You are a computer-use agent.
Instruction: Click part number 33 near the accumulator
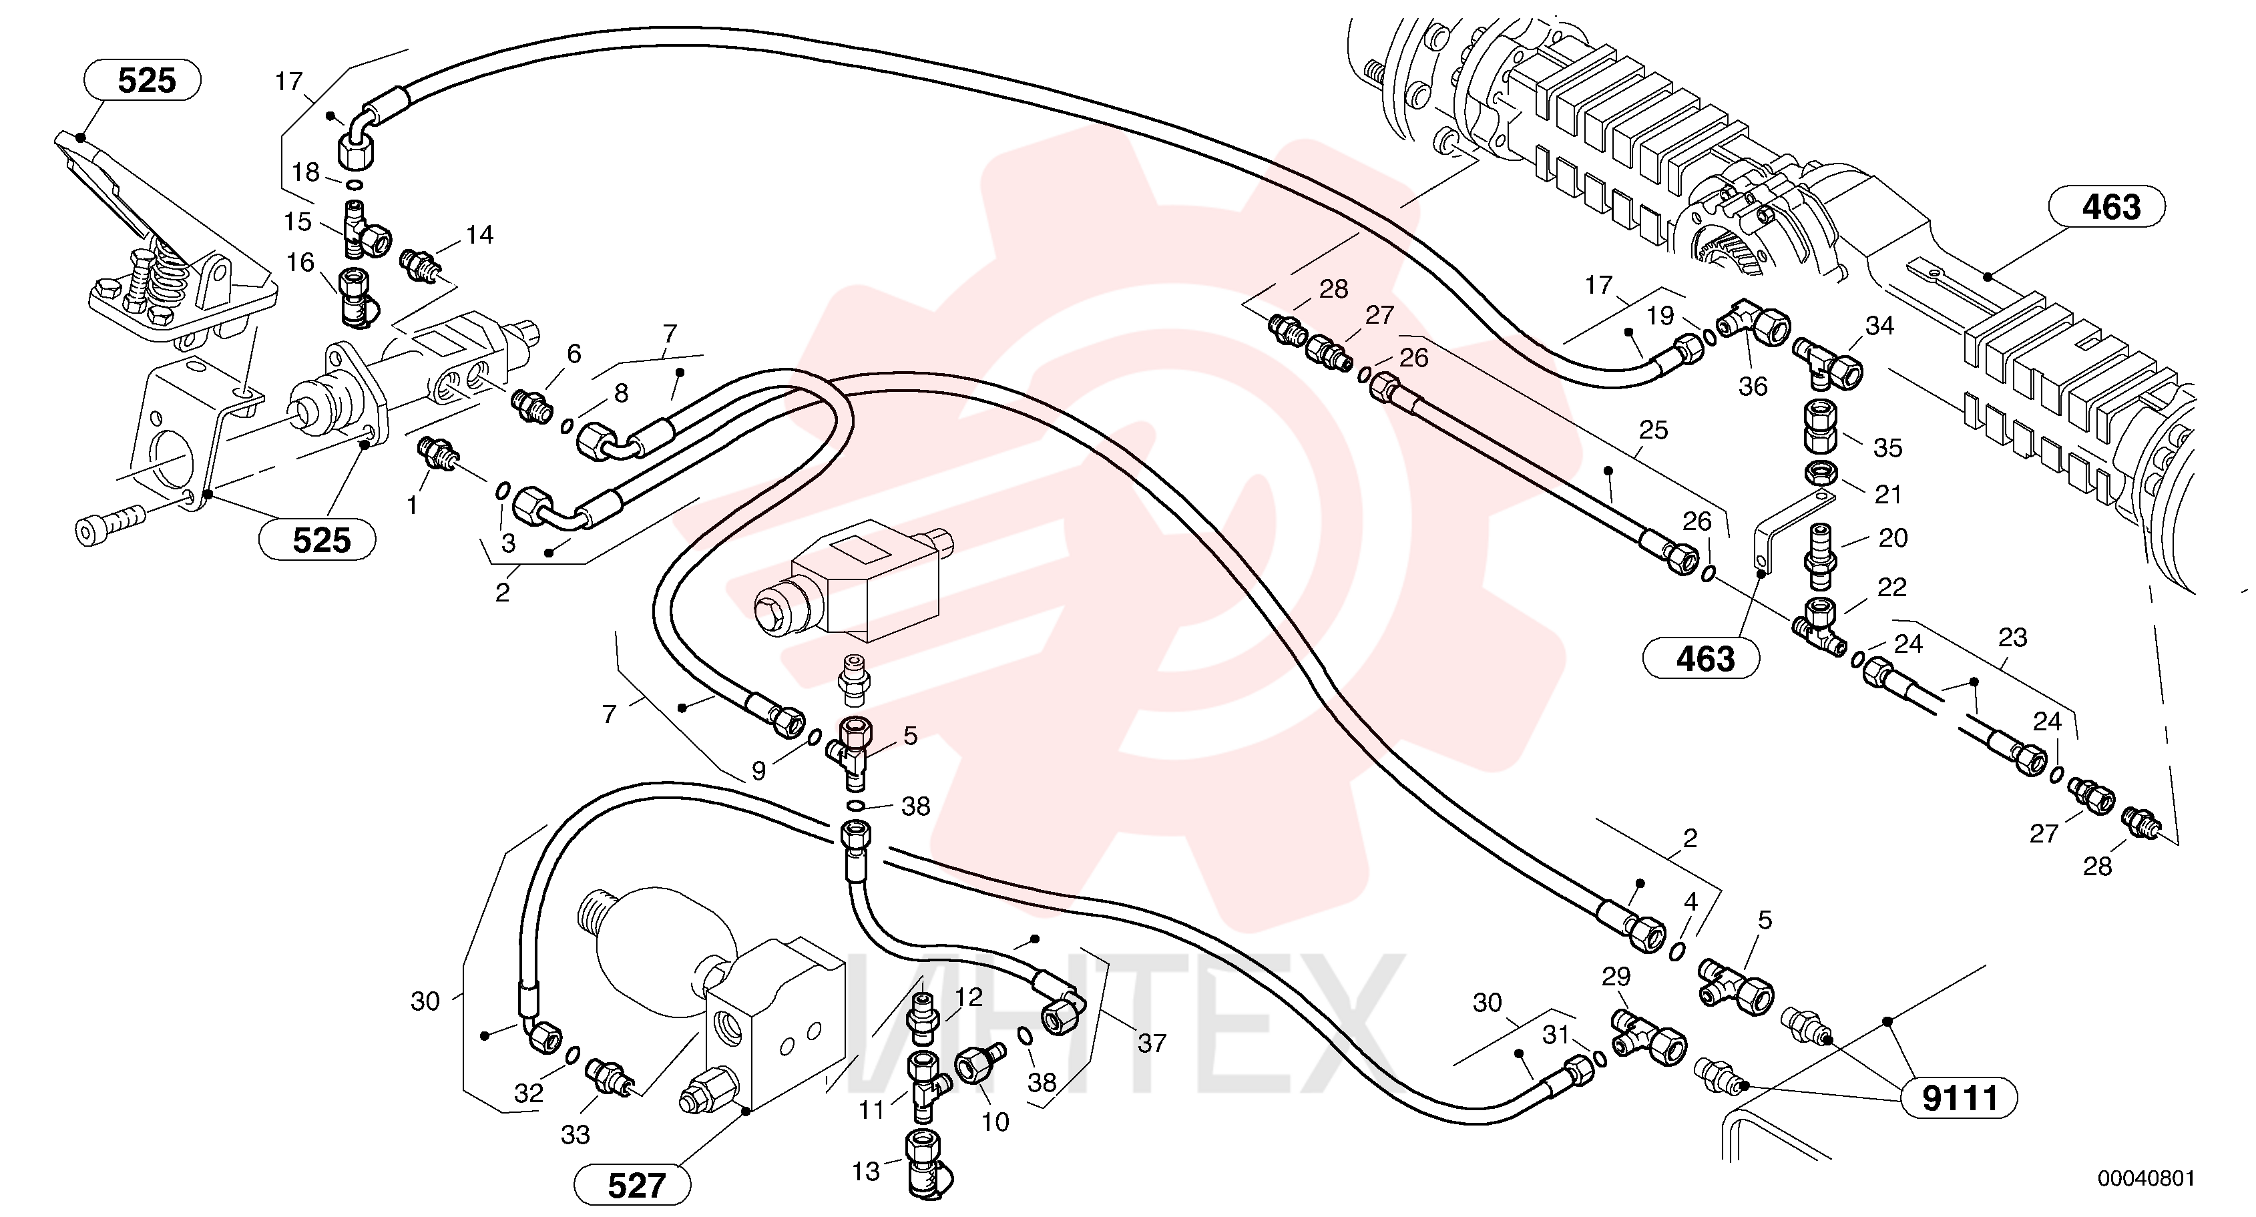click(576, 1135)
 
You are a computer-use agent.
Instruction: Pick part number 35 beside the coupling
click(1887, 447)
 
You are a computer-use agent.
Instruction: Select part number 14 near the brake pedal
click(479, 234)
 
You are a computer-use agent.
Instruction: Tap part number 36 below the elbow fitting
click(1753, 386)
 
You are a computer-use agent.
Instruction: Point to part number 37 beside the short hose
click(1152, 1043)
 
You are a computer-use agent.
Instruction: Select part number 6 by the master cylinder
click(574, 354)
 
